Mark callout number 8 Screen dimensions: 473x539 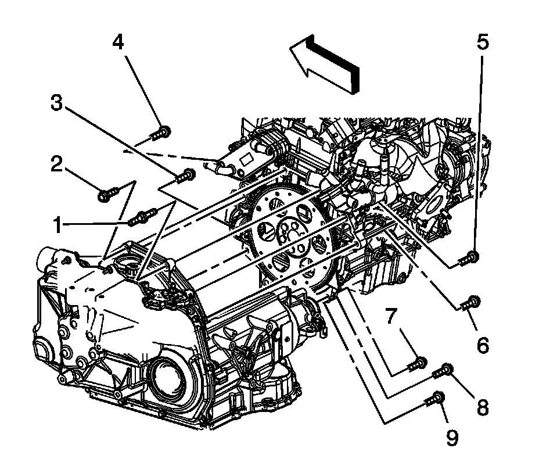[482, 406]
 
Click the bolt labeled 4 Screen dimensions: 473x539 [161, 133]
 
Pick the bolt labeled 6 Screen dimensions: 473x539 [471, 301]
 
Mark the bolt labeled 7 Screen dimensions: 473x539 [417, 364]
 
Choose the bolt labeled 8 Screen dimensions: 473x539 [444, 370]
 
